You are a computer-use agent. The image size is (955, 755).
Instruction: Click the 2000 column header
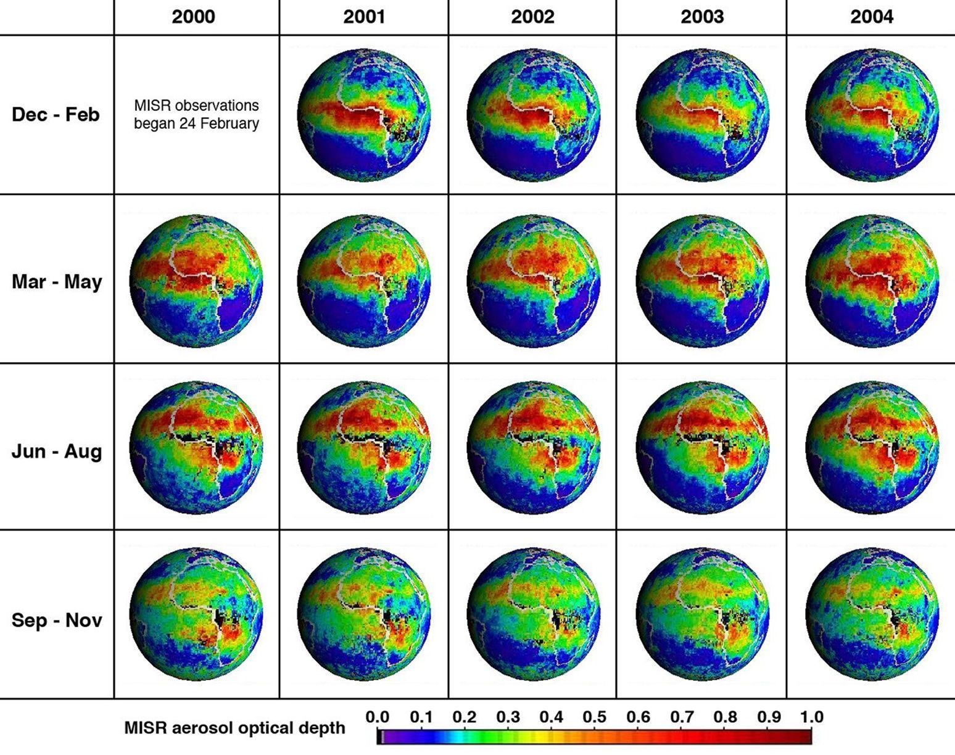(x=193, y=17)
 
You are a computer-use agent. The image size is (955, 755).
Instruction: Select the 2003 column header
(x=702, y=17)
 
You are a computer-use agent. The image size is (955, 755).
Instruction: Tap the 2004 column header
(x=872, y=17)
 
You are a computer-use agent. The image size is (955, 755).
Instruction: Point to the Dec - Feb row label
(x=56, y=115)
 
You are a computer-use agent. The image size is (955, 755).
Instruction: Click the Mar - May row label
(x=57, y=282)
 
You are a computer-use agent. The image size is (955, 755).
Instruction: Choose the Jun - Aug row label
(x=57, y=451)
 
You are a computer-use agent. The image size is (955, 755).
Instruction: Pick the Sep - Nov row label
(x=57, y=620)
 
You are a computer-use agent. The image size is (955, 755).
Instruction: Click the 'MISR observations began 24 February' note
(x=196, y=115)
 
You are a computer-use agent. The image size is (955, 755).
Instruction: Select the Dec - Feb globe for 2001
(x=364, y=115)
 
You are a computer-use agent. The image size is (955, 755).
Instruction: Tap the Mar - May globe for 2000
(x=196, y=281)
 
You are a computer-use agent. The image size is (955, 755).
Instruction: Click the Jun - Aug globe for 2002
(x=533, y=447)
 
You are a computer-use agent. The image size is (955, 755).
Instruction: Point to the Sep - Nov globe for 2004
(x=872, y=614)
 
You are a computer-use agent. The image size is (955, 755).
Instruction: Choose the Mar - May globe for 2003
(x=702, y=281)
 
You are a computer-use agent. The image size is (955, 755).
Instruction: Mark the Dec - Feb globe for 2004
(x=872, y=115)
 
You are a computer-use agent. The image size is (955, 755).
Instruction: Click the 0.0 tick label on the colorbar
(x=377, y=717)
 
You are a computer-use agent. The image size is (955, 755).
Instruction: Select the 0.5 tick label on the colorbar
(x=595, y=717)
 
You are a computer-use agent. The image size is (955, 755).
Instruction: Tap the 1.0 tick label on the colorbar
(x=811, y=717)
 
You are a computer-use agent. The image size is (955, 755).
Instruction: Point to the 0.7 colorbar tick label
(x=682, y=717)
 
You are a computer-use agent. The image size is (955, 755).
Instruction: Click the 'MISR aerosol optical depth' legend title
(x=234, y=728)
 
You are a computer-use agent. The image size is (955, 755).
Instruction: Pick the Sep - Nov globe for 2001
(x=364, y=614)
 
